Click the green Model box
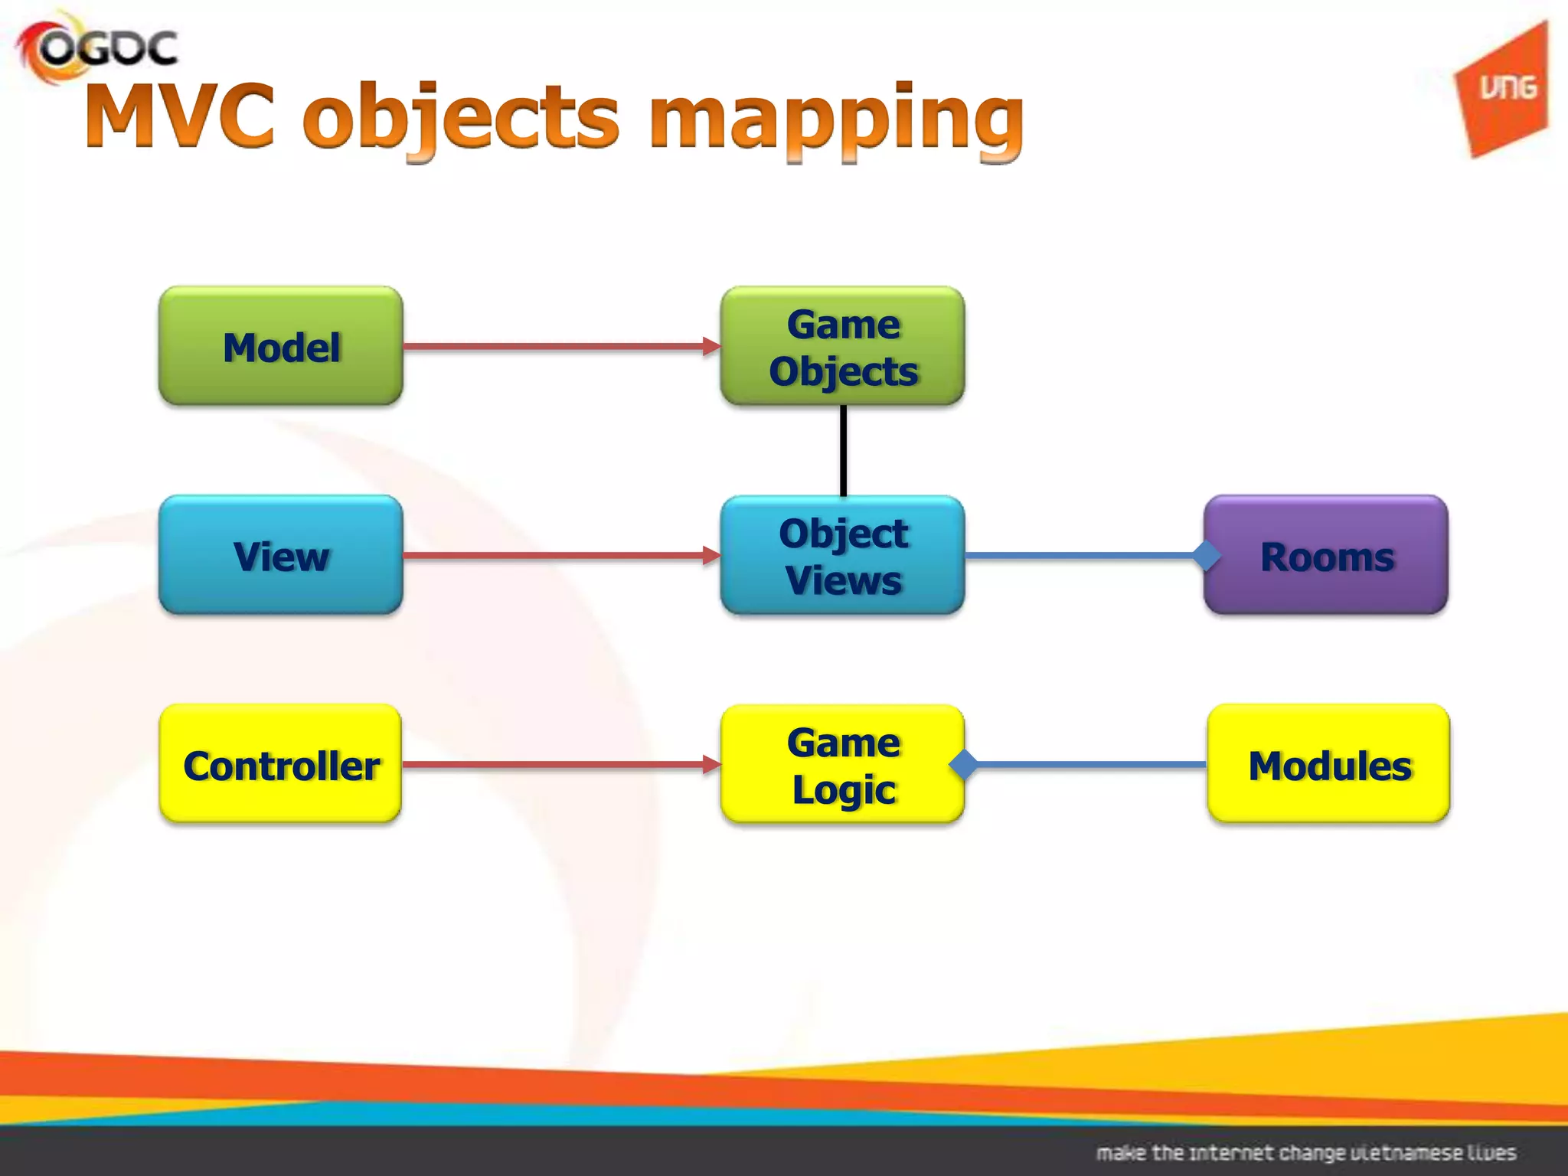tap(280, 346)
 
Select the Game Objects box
tap(842, 346)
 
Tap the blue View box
tap(280, 555)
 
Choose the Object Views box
tap(842, 555)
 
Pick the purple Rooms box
tap(1326, 555)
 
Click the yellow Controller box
tap(280, 764)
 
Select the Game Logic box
tap(842, 764)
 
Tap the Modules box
tap(1329, 764)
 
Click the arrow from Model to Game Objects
tap(559, 346)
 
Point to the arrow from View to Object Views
tap(559, 555)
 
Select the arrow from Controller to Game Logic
tap(559, 764)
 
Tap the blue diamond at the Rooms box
tap(1207, 555)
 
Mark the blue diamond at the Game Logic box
tap(963, 764)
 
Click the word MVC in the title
tap(181, 116)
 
